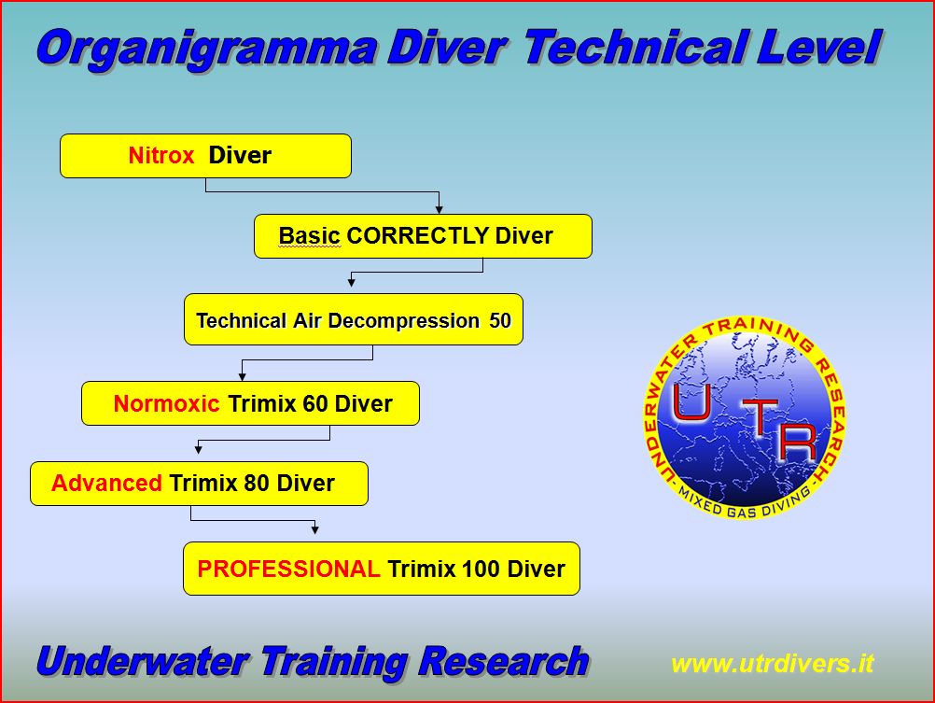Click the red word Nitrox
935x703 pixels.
coord(161,156)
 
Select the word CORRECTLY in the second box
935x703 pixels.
coord(417,235)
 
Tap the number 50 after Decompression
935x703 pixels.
coord(500,321)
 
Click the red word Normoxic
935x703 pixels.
coord(166,404)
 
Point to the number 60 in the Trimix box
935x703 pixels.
coord(314,404)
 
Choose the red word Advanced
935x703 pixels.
coord(106,483)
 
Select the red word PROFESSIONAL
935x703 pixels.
coord(288,569)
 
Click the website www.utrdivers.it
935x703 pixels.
coord(773,664)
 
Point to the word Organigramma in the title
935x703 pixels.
coord(207,49)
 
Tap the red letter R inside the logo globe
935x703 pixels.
coord(797,443)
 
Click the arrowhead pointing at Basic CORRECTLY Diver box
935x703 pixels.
coord(439,209)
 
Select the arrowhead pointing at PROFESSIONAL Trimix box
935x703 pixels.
coord(314,529)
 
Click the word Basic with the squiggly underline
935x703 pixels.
coord(310,235)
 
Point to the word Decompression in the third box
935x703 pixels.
coord(404,321)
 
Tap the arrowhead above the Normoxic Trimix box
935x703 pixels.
coord(242,376)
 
